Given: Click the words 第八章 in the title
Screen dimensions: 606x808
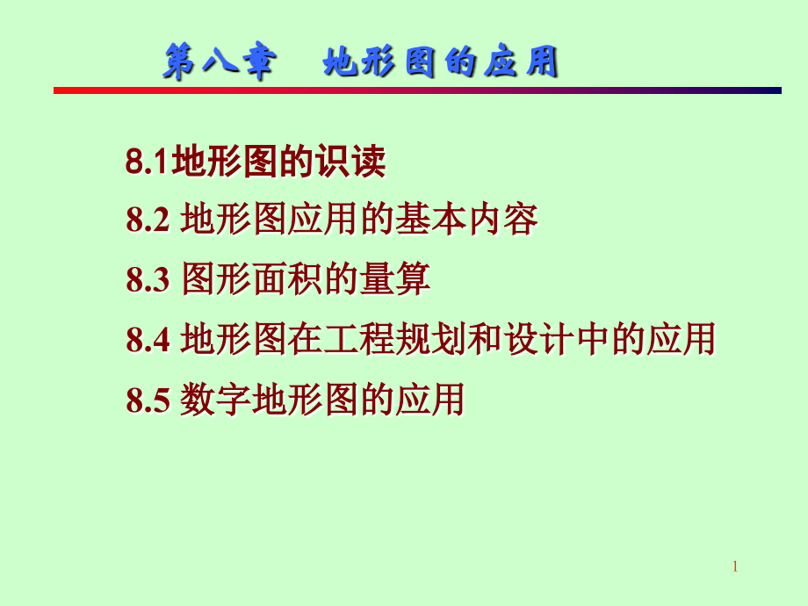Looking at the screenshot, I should click(220, 63).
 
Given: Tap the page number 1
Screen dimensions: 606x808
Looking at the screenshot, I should click(735, 566).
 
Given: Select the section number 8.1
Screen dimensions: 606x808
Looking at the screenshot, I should click(148, 162).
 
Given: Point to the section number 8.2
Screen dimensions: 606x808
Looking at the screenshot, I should click(148, 221).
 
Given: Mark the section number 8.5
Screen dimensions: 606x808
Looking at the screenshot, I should click(148, 400).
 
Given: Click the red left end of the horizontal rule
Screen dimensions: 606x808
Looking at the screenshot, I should click(61, 90).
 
